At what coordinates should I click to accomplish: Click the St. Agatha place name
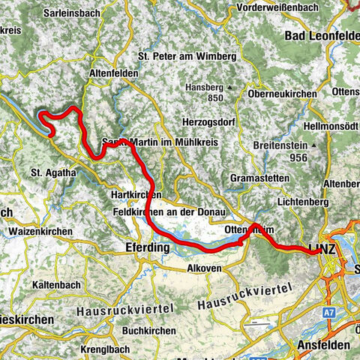point(53,172)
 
